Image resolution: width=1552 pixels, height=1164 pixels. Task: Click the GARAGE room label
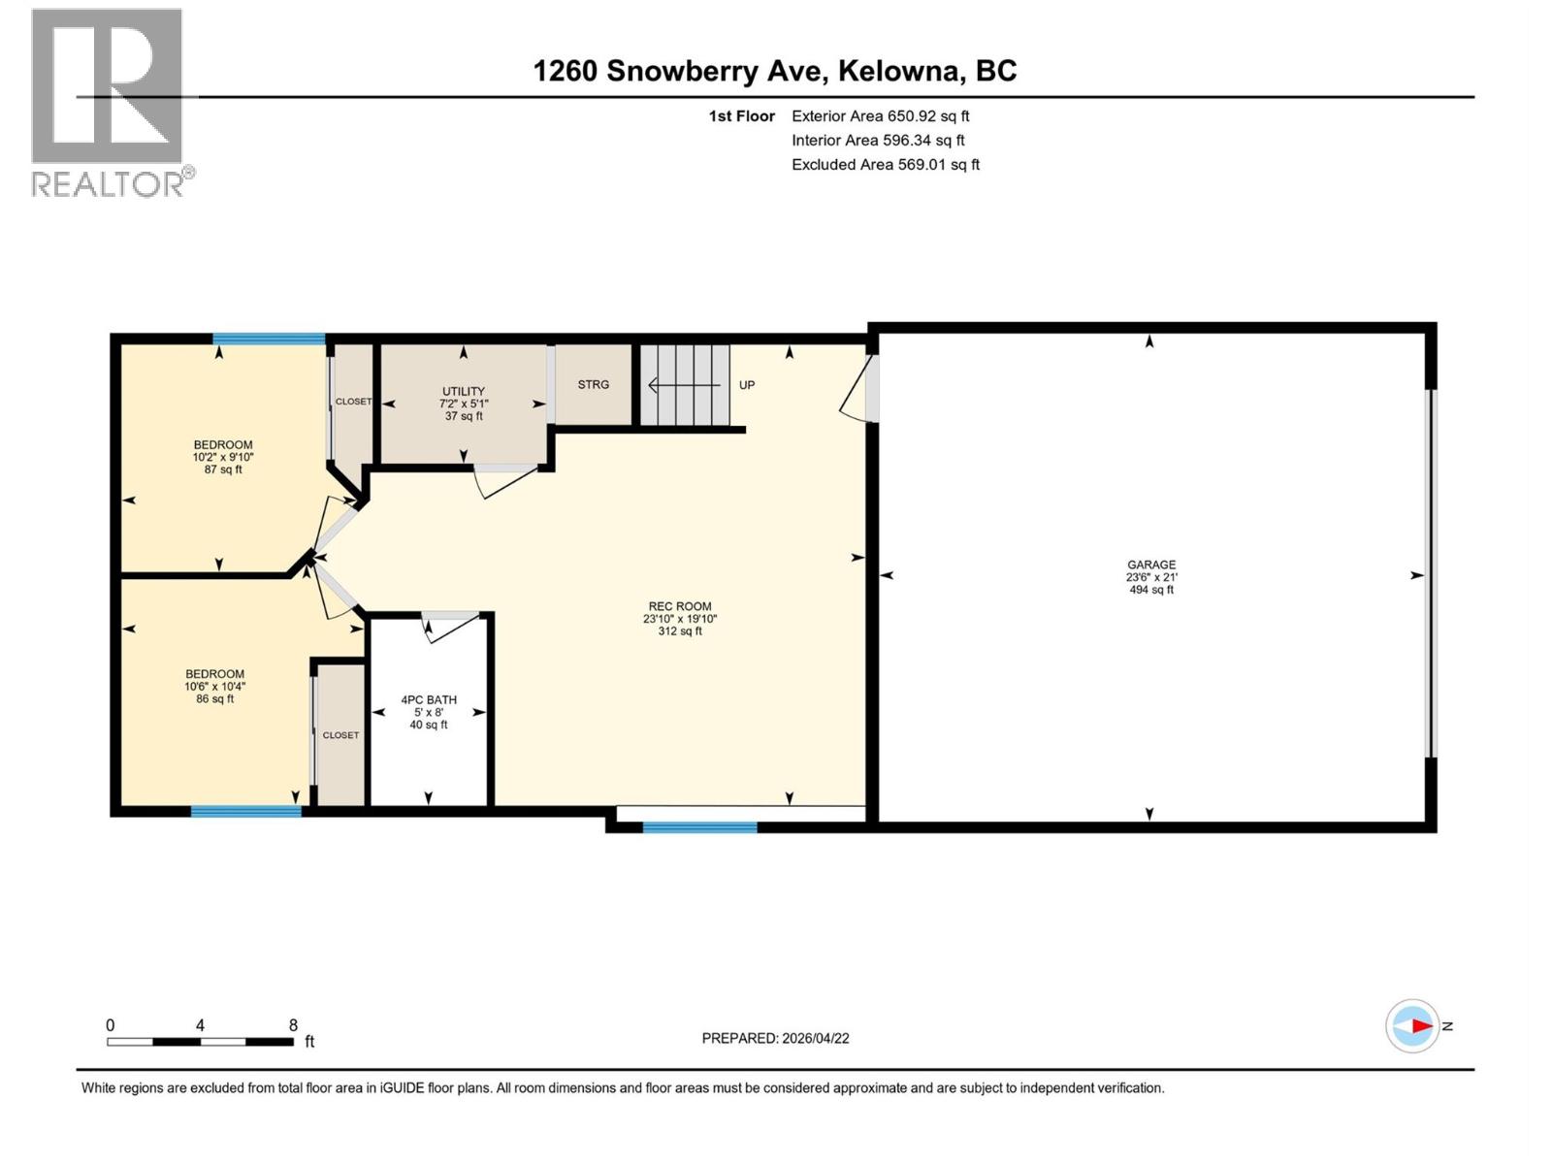[x=1151, y=565]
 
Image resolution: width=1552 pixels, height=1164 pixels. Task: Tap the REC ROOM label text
[x=680, y=606]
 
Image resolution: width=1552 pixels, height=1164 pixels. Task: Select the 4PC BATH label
[x=429, y=699]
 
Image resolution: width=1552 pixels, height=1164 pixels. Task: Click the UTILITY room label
[x=464, y=391]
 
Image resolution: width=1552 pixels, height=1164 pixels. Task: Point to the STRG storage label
[x=594, y=384]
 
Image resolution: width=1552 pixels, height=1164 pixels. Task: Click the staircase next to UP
[x=684, y=385]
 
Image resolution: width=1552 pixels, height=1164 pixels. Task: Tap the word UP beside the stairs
[x=747, y=385]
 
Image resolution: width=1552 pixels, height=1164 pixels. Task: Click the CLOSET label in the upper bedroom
[x=353, y=402]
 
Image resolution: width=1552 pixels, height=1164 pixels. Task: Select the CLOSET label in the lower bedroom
[x=340, y=735]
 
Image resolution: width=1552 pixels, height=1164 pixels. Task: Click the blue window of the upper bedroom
[x=269, y=339]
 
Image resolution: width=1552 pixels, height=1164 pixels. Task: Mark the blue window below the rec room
[x=699, y=827]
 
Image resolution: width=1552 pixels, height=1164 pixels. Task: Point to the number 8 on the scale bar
[x=293, y=1025]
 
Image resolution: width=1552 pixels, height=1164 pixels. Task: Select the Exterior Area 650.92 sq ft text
[x=880, y=115]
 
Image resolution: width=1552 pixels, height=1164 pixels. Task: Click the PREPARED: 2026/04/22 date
[x=775, y=1038]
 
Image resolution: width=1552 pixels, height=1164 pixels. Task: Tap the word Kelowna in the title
[x=899, y=71]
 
